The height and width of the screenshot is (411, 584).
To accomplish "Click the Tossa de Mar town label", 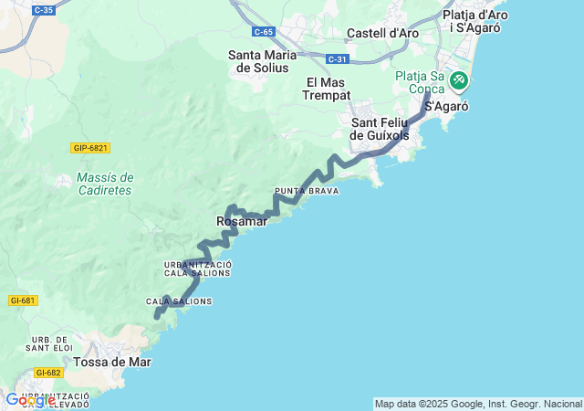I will [x=112, y=362].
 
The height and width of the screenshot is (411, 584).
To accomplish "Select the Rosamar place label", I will [x=242, y=222].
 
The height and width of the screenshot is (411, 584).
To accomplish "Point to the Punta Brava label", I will [x=307, y=191].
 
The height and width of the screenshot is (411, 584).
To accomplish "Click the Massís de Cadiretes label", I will [x=105, y=184].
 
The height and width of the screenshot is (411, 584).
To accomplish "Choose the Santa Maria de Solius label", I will [x=263, y=61].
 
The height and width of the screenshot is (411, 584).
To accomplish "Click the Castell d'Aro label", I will [x=382, y=34].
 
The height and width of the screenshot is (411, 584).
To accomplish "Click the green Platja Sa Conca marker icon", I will [x=458, y=80].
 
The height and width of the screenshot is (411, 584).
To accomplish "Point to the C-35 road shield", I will [x=43, y=10].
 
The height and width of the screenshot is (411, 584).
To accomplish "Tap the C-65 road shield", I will [x=264, y=32].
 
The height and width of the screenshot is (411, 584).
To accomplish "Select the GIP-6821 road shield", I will [x=90, y=148].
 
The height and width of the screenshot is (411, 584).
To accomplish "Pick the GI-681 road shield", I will [x=23, y=300].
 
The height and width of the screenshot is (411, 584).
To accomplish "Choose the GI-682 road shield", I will [x=48, y=373].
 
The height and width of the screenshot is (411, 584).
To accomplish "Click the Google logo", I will [x=29, y=400].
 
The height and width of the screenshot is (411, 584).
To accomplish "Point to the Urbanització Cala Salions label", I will [x=185, y=269].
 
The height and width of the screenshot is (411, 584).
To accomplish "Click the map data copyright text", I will [x=478, y=404].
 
